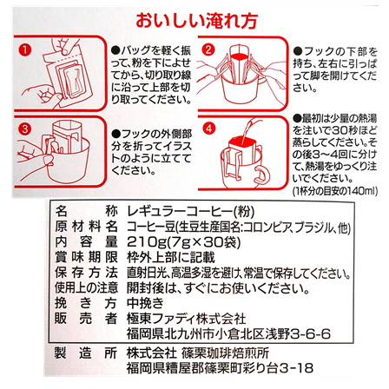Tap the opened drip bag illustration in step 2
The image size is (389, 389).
pyautogui.click(x=247, y=78)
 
